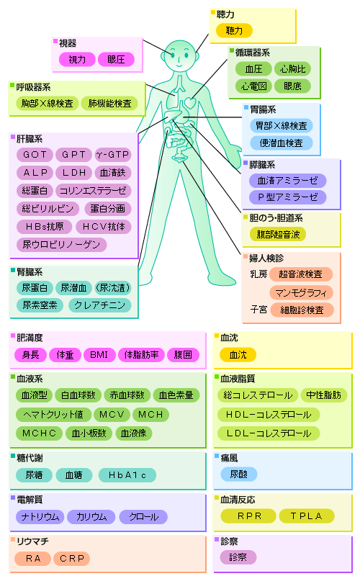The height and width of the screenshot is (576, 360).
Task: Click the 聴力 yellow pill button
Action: (x=234, y=30)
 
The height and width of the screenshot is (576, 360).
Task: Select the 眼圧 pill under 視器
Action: (x=116, y=60)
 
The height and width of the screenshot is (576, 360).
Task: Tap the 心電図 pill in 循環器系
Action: (x=253, y=86)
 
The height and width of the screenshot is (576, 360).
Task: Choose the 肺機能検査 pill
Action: (x=109, y=104)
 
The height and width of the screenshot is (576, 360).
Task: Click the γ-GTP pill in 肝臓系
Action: (x=113, y=155)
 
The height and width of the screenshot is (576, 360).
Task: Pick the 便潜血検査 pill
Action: (x=281, y=143)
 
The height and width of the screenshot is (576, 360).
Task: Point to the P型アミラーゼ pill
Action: (x=287, y=197)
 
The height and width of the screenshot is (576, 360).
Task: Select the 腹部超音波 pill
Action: (x=278, y=235)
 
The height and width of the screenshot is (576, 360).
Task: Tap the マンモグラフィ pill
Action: (x=301, y=293)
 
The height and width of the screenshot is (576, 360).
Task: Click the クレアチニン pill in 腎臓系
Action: (x=100, y=305)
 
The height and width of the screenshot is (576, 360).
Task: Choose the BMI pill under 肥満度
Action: (x=99, y=355)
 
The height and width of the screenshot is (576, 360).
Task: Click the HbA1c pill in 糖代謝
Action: (x=127, y=475)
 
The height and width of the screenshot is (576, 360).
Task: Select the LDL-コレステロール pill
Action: (x=269, y=433)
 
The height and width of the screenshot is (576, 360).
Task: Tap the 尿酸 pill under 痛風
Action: (x=239, y=474)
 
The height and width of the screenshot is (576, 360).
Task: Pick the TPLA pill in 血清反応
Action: (x=307, y=516)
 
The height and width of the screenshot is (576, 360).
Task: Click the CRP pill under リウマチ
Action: (x=72, y=559)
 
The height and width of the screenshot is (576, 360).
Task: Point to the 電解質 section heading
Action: (x=30, y=500)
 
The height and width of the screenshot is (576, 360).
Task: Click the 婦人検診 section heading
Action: (x=266, y=258)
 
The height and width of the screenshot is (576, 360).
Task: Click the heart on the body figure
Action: (x=190, y=102)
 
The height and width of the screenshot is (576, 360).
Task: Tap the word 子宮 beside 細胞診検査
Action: (x=258, y=310)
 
